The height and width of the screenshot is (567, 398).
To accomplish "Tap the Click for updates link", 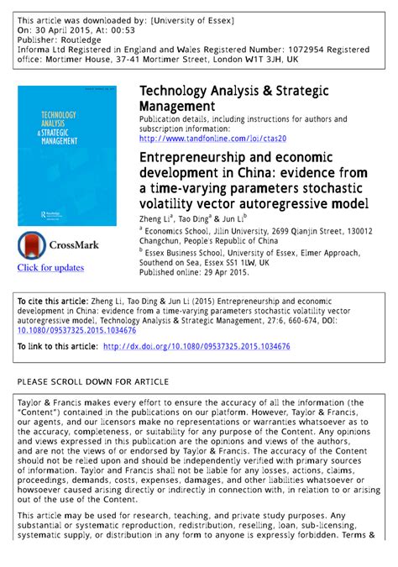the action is point(51,268).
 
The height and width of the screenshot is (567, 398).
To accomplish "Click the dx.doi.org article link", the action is point(202,347).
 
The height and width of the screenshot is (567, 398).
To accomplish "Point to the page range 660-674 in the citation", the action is point(316,321).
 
